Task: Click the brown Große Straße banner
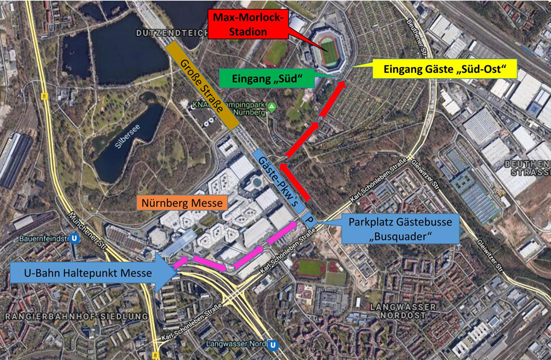(x=202, y=85)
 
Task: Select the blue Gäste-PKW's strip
(x=278, y=181)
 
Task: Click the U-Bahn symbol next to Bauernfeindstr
(x=74, y=238)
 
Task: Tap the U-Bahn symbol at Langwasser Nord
(x=274, y=344)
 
